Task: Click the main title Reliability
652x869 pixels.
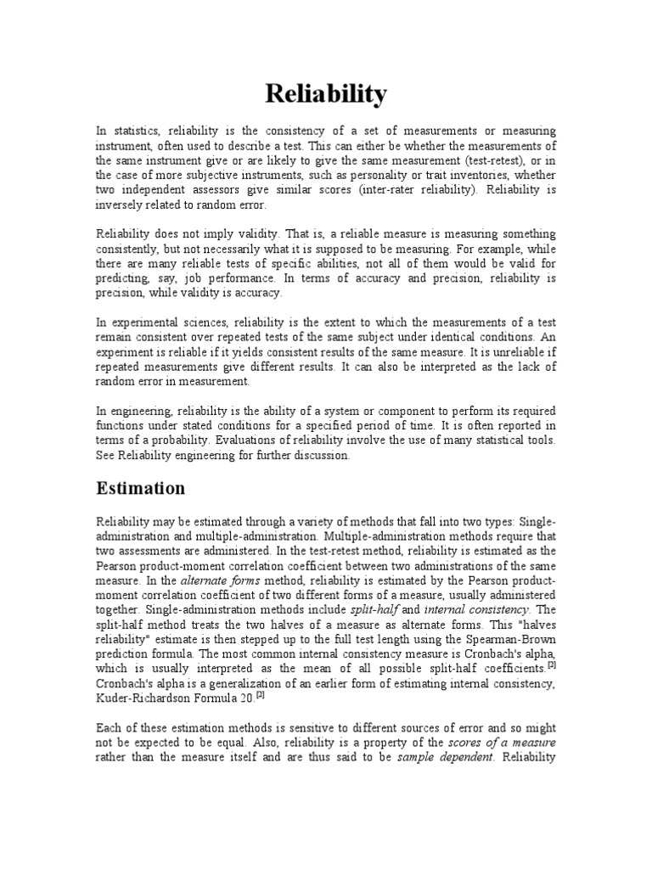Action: click(326, 94)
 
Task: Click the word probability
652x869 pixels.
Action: click(180, 440)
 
